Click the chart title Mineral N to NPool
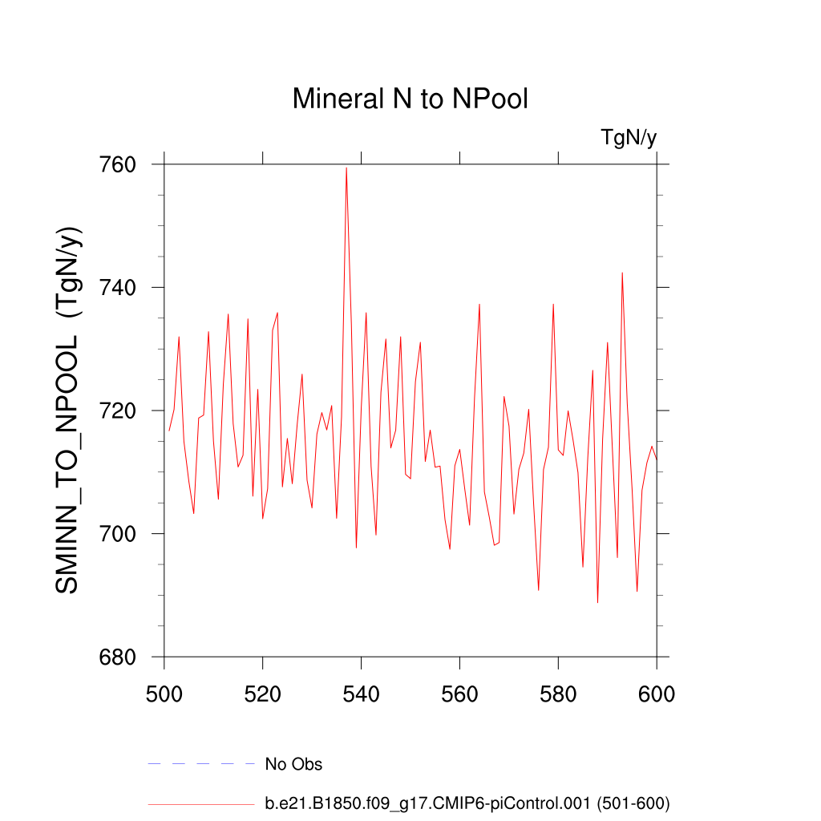pyautogui.click(x=410, y=99)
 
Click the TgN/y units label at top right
pyautogui.click(x=629, y=138)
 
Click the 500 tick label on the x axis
pyautogui.click(x=164, y=694)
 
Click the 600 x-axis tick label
pyautogui.click(x=657, y=694)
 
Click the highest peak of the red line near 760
pyautogui.click(x=346, y=168)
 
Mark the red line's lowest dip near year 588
pyautogui.click(x=597, y=602)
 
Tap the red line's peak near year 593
pyautogui.click(x=622, y=273)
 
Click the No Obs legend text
pyautogui.click(x=293, y=765)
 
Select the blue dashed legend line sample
pyautogui.click(x=200, y=764)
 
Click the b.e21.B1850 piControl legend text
pyautogui.click(x=467, y=803)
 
